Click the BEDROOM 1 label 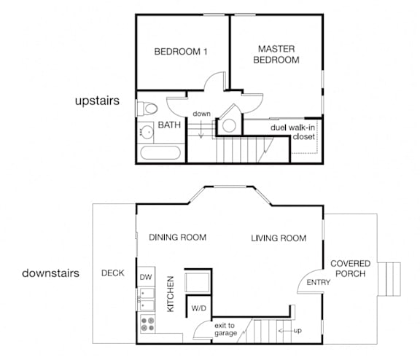click(x=181, y=52)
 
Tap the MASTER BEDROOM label click(x=276, y=55)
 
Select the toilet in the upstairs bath click(x=147, y=109)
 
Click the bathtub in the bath click(x=160, y=153)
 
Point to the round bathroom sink click(x=147, y=132)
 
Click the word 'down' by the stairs click(x=201, y=114)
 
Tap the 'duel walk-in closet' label click(x=293, y=132)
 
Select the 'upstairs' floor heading click(x=97, y=101)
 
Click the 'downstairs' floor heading click(x=50, y=273)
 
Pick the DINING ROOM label click(x=178, y=238)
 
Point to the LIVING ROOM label click(x=279, y=238)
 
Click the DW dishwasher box click(x=147, y=277)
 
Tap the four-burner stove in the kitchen click(x=147, y=324)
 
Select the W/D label click(x=199, y=308)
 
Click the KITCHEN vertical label click(x=171, y=294)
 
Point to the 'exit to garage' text click(x=225, y=329)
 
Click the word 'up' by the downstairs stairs click(x=297, y=331)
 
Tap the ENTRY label click(x=318, y=282)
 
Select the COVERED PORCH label click(x=350, y=268)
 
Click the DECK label click(x=113, y=273)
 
